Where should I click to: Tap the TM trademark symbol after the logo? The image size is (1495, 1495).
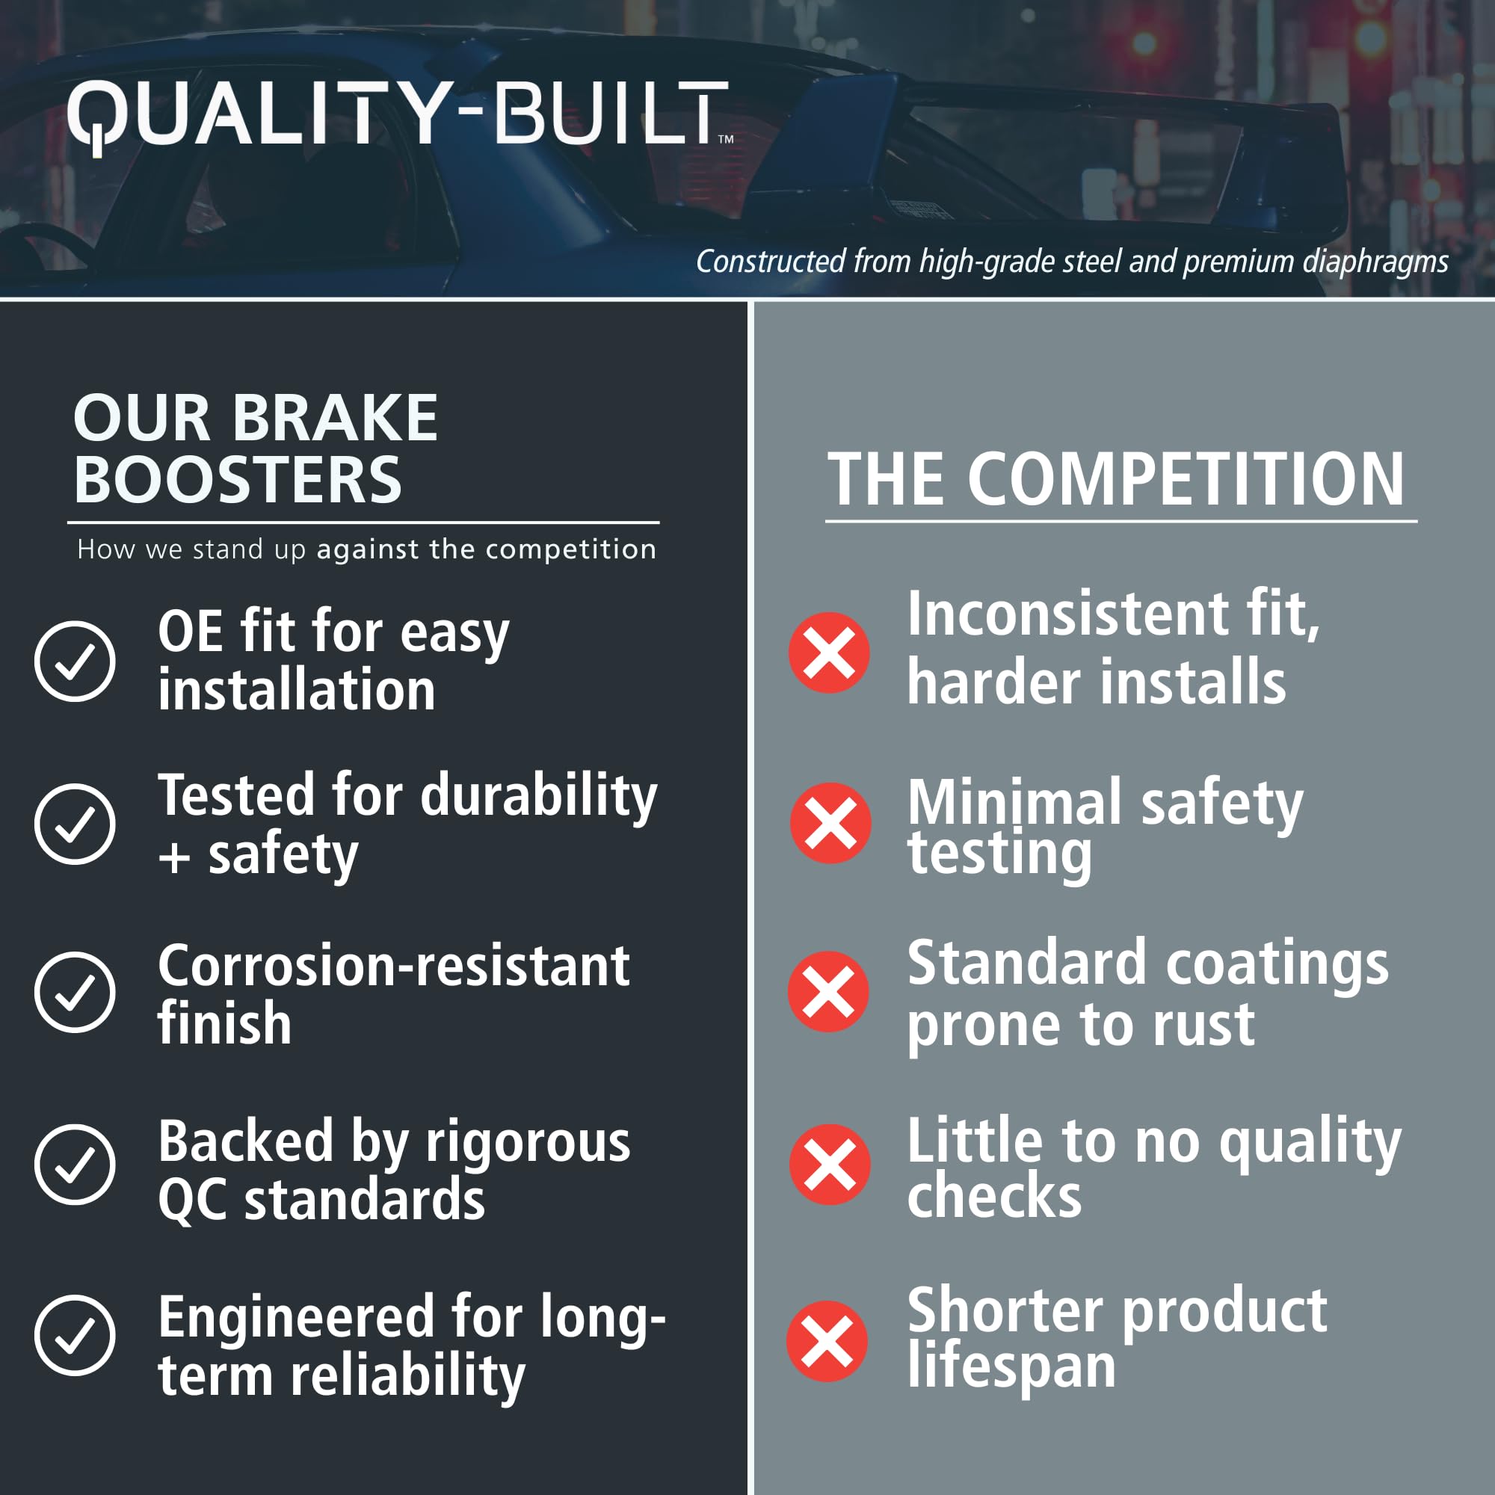point(726,139)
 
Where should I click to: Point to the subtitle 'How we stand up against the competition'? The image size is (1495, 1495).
point(367,549)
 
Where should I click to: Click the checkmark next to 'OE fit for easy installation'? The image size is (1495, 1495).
point(75,661)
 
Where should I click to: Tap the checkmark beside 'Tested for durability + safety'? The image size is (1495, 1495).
point(75,823)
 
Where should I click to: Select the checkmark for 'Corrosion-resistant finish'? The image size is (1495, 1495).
point(75,992)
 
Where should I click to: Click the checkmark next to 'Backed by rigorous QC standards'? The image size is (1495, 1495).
point(75,1164)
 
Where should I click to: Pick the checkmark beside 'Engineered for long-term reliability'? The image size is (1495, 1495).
point(75,1335)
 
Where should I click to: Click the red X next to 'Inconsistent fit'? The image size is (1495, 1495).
point(829,653)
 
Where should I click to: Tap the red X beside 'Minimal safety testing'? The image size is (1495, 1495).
point(830,822)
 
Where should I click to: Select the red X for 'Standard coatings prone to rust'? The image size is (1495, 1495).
point(829,991)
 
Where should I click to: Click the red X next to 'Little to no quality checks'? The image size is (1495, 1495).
point(830,1164)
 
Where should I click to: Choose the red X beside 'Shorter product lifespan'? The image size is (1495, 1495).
point(827,1341)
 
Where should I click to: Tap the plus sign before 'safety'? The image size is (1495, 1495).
point(175,858)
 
